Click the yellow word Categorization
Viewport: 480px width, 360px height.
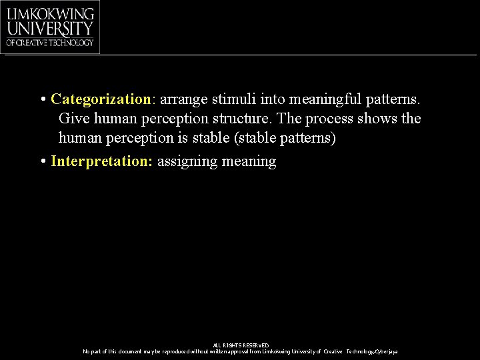pos(101,99)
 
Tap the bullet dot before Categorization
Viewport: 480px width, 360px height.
pos(42,100)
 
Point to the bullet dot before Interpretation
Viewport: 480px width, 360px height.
pos(42,162)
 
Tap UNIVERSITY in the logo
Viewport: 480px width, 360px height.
pos(50,29)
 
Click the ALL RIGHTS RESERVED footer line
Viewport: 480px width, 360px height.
pos(241,345)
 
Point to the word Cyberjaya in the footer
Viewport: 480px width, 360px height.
pos(387,351)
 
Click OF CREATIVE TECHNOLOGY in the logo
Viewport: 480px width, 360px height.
pos(50,43)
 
